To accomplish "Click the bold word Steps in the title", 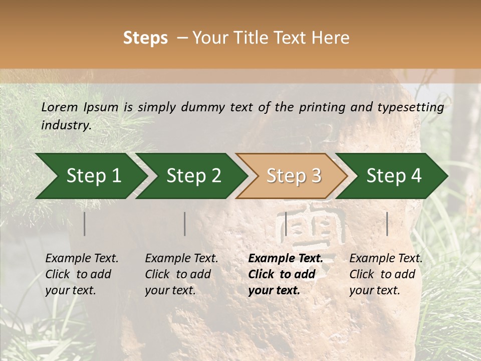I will tap(145, 38).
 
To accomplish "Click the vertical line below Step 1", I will tap(85, 224).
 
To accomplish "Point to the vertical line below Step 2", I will tap(185, 224).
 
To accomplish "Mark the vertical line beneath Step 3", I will tap(286, 224).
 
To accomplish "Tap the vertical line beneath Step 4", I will tap(387, 224).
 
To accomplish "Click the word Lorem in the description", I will tap(60, 107).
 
